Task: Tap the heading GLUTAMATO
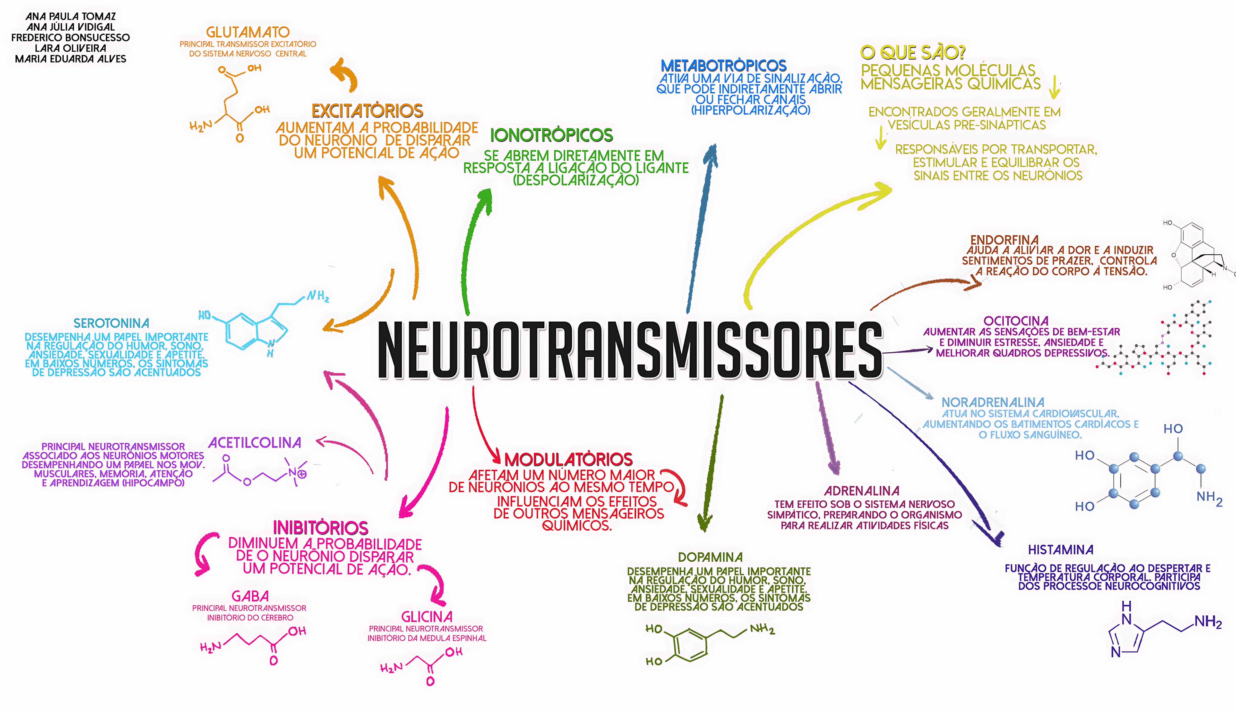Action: click(247, 32)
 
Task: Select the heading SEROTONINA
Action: click(111, 323)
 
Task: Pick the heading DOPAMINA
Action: click(710, 557)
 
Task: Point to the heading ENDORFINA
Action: click(1004, 240)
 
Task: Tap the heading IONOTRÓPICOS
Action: click(551, 135)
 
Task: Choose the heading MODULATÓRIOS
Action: click(568, 459)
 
